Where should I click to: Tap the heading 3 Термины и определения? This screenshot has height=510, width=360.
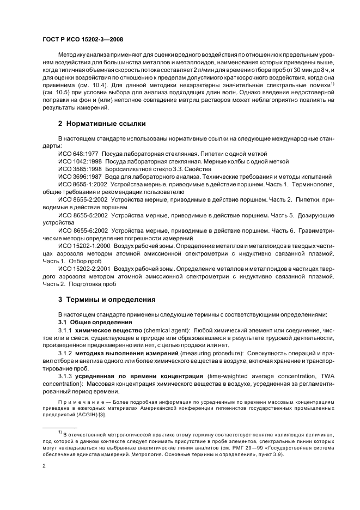(107, 299)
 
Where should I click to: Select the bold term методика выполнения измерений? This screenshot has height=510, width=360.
(123, 353)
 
